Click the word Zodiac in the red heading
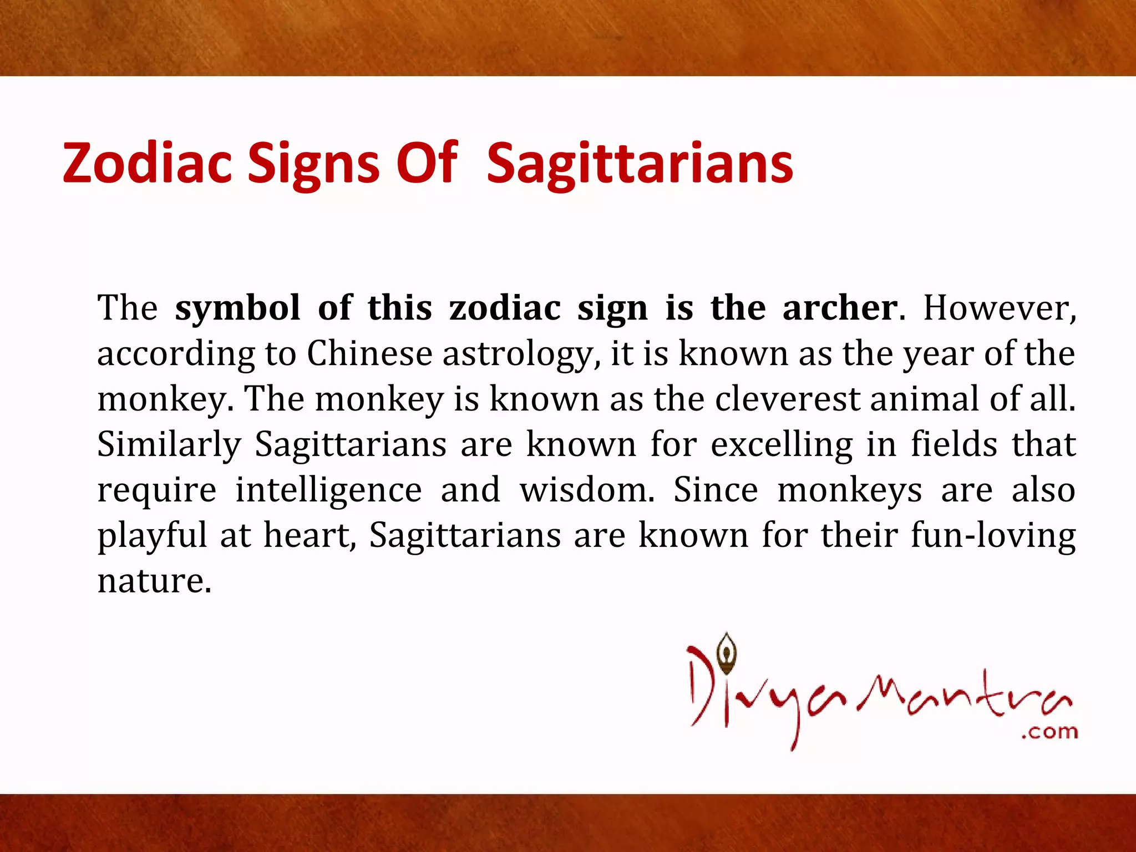pyautogui.click(x=147, y=163)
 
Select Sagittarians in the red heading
pyautogui.click(x=640, y=164)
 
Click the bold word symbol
pyautogui.click(x=237, y=308)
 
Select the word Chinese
pyautogui.click(x=369, y=353)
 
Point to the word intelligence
pyautogui.click(x=328, y=491)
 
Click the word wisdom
pyautogui.click(x=587, y=490)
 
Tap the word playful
pyautogui.click(x=152, y=536)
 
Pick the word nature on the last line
pyautogui.click(x=154, y=581)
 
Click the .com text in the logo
pyautogui.click(x=1049, y=732)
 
